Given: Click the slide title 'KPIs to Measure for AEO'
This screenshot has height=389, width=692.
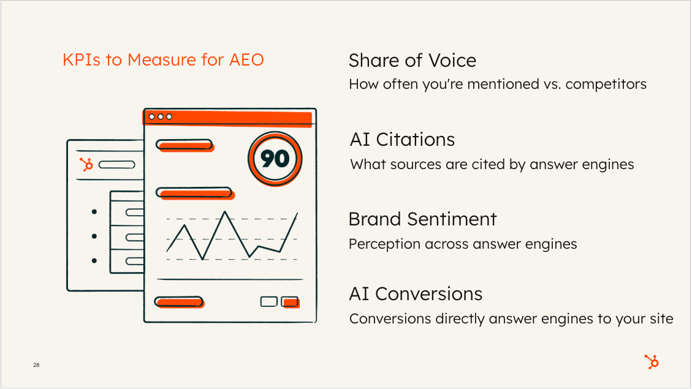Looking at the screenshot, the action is [163, 60].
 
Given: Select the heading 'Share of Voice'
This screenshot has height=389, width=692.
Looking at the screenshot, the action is [413, 61].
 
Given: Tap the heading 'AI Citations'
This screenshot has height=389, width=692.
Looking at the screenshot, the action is [403, 140].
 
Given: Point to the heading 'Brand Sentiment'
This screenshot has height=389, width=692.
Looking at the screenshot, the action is [423, 219].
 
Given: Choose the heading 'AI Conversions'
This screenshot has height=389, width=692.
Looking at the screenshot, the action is [416, 294].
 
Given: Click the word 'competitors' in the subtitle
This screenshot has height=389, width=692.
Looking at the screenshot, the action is [606, 85].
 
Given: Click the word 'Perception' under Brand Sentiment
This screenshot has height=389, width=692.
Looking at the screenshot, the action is [384, 244].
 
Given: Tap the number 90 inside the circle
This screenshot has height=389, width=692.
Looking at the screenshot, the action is [275, 159].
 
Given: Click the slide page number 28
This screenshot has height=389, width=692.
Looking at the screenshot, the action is [36, 364].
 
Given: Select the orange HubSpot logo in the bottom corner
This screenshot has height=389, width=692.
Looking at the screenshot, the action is [652, 361].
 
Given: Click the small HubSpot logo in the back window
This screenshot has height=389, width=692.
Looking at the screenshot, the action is [86, 165].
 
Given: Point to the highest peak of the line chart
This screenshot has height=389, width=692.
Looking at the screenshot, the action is [225, 212].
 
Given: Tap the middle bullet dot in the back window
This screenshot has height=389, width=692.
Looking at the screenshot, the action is [94, 236].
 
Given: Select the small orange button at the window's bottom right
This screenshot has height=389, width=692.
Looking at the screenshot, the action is [291, 302].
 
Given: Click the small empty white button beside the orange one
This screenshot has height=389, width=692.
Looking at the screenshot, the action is [268, 301].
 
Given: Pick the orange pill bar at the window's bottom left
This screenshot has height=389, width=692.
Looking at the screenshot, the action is [179, 302].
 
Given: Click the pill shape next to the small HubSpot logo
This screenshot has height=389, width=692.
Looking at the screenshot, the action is [116, 165].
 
